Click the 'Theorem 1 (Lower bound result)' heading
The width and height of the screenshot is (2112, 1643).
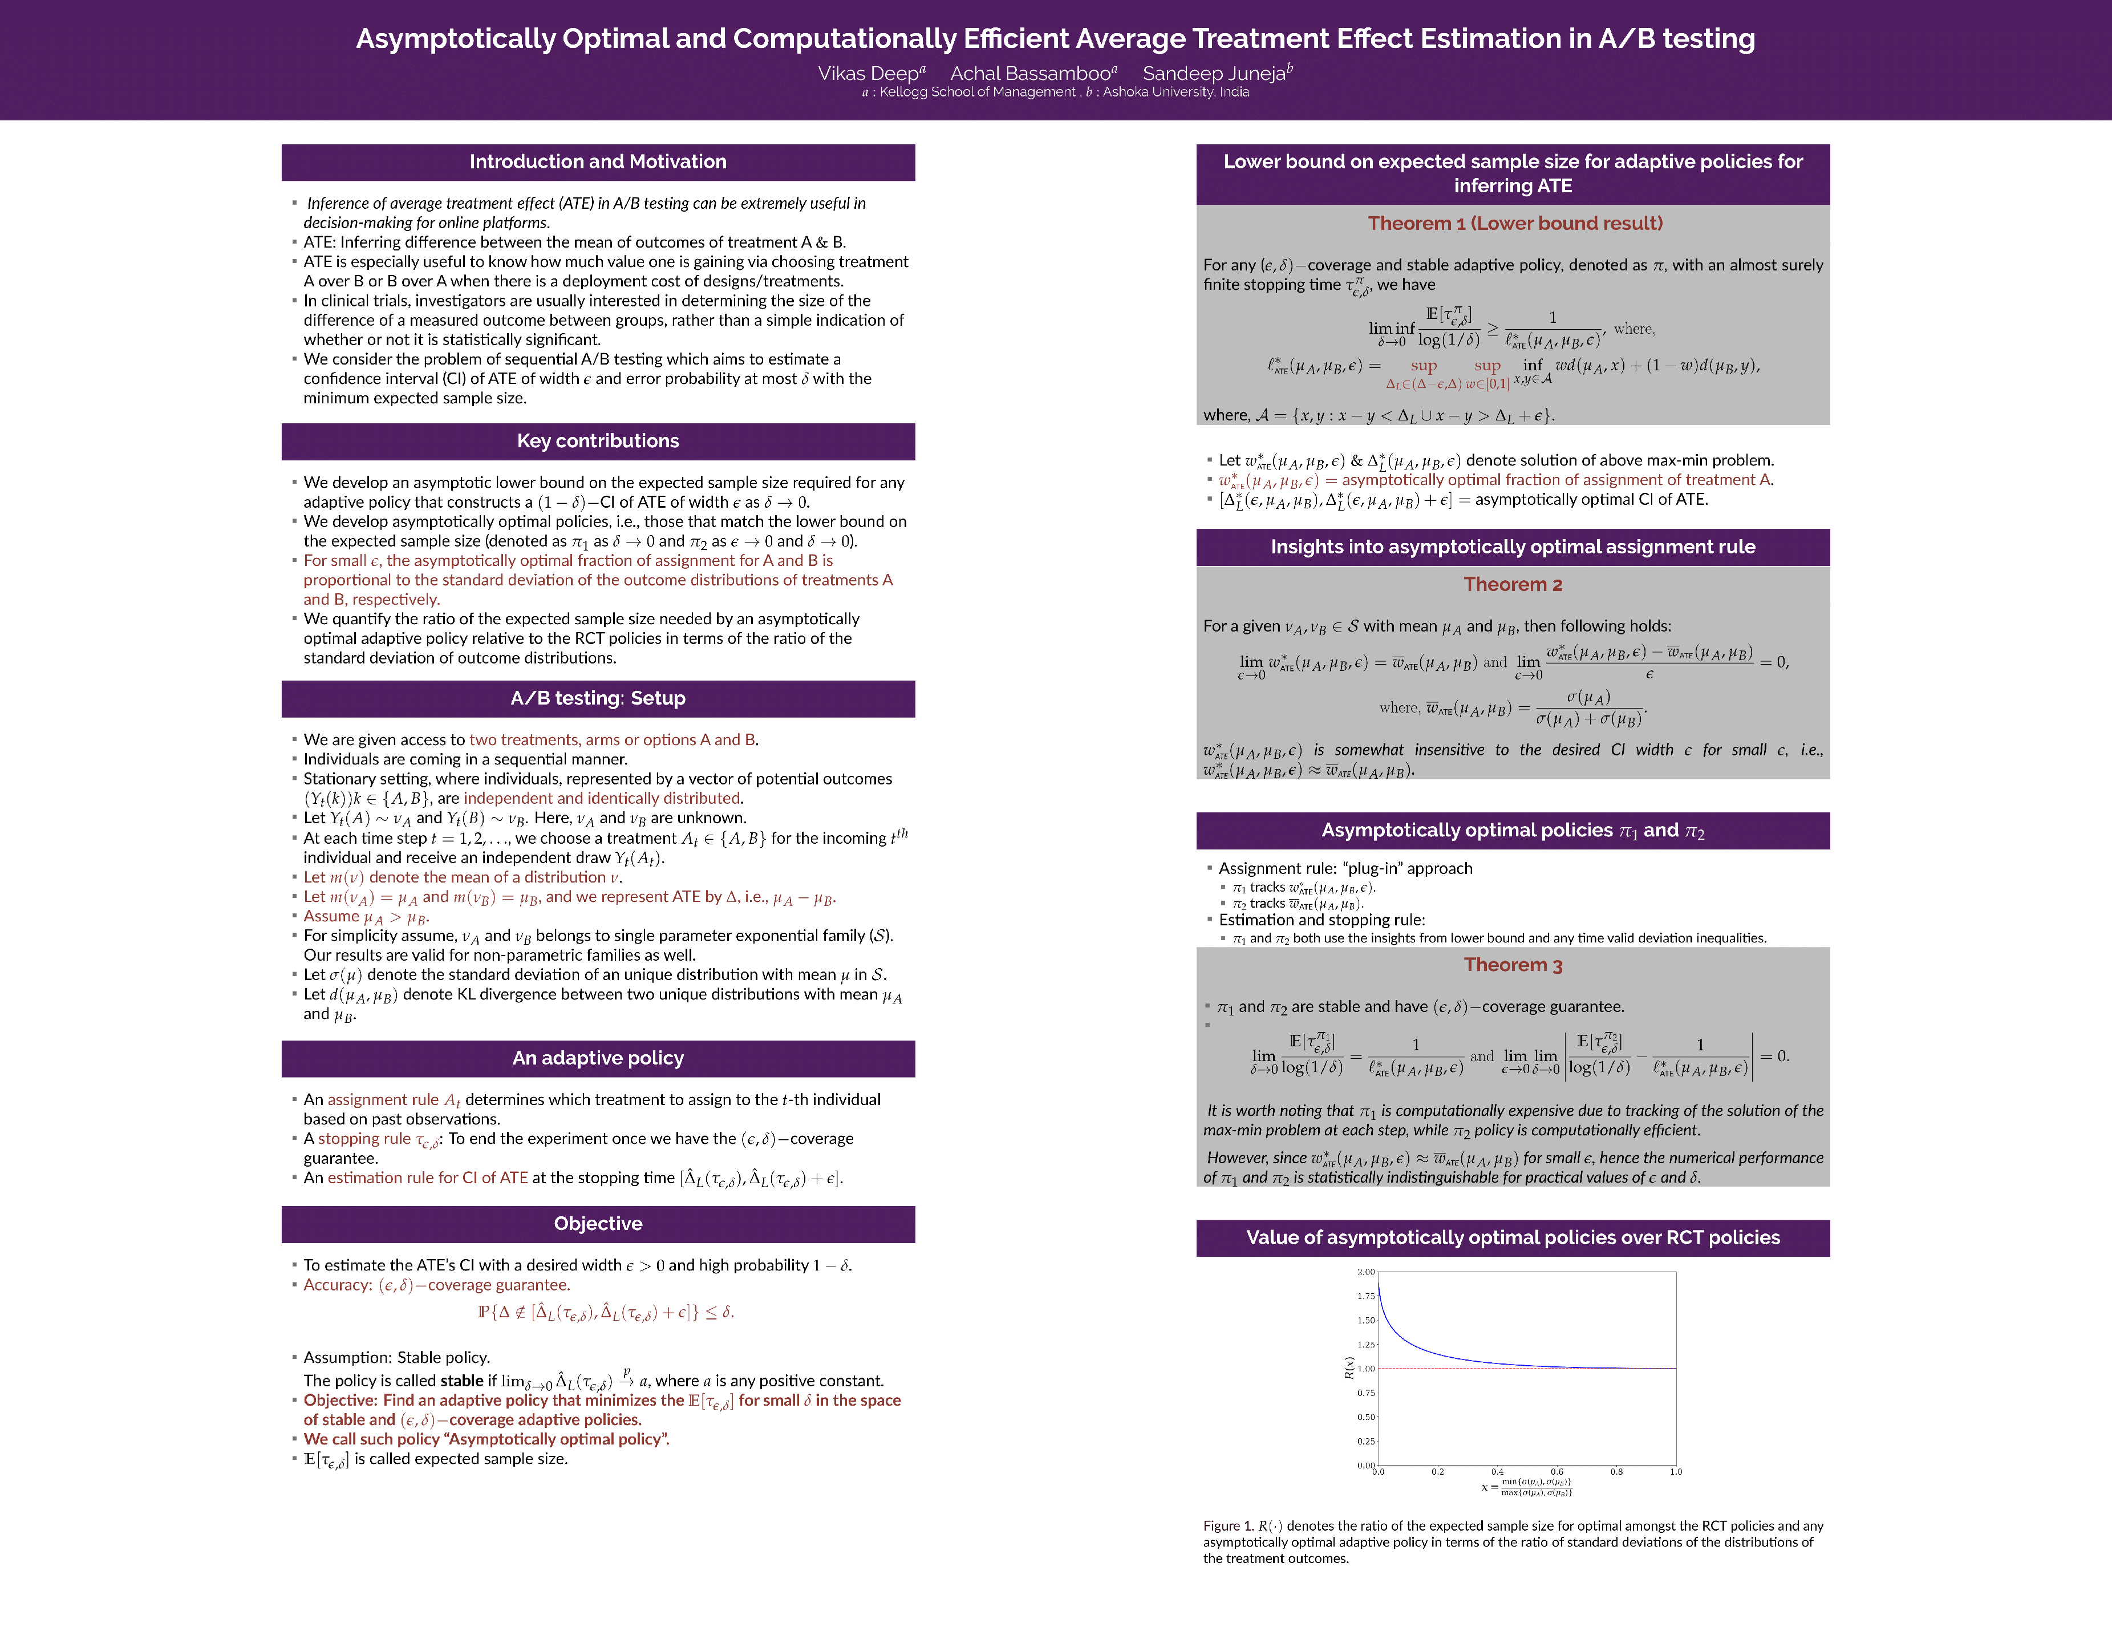point(1514,224)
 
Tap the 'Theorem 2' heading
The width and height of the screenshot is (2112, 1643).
point(1513,584)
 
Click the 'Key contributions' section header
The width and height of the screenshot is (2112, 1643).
point(598,441)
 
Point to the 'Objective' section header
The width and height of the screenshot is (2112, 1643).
point(598,1223)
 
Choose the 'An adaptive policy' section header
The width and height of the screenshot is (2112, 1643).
point(598,1058)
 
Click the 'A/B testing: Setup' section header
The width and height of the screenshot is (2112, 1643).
point(598,698)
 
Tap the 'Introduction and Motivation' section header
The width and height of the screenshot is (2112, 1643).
point(598,161)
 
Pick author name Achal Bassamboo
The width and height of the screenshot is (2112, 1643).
point(1030,74)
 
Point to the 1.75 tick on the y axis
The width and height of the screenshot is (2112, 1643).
point(1365,1296)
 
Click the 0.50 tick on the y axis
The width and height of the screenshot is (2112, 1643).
point(1365,1417)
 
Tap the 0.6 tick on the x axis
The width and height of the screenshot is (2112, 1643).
point(1557,1472)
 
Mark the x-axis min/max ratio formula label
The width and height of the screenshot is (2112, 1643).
point(1528,1487)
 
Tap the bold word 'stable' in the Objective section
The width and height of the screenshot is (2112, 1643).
point(461,1381)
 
